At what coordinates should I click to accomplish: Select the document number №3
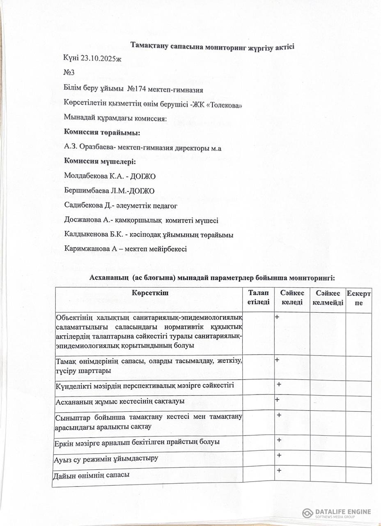(x=69, y=73)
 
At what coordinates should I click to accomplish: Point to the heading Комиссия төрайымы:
(x=102, y=133)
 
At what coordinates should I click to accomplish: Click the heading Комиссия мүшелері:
(x=100, y=162)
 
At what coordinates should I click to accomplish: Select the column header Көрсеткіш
(x=150, y=293)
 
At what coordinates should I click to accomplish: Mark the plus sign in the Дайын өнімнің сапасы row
(x=279, y=471)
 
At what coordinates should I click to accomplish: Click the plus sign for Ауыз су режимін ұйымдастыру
(x=279, y=455)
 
